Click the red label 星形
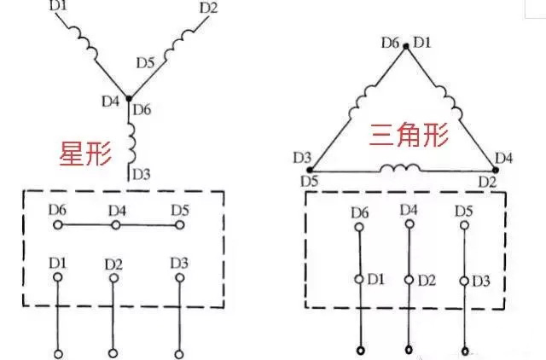point(85,154)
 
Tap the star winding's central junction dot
point(129,99)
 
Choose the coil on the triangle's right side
point(455,105)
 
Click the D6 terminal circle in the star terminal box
point(57,225)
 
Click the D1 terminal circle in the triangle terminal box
point(358,280)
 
